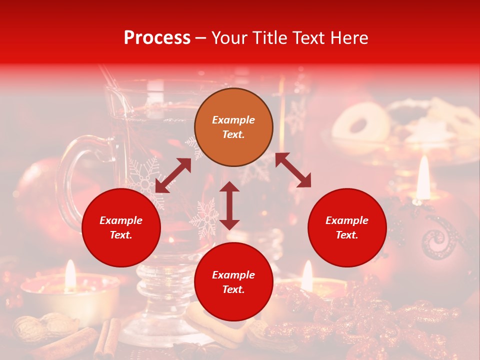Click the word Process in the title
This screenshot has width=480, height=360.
click(157, 37)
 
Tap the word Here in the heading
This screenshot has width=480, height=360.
click(348, 37)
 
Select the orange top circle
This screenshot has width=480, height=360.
click(233, 127)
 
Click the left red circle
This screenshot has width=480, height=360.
click(121, 227)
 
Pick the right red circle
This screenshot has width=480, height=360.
click(347, 227)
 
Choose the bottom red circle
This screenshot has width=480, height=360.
click(233, 282)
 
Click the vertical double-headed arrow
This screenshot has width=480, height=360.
click(229, 205)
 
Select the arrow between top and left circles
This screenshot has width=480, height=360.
click(173, 175)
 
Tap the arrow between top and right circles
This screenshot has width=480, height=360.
click(293, 170)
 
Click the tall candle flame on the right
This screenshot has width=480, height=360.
click(423, 177)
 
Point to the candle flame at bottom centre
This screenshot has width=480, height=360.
click(307, 276)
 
